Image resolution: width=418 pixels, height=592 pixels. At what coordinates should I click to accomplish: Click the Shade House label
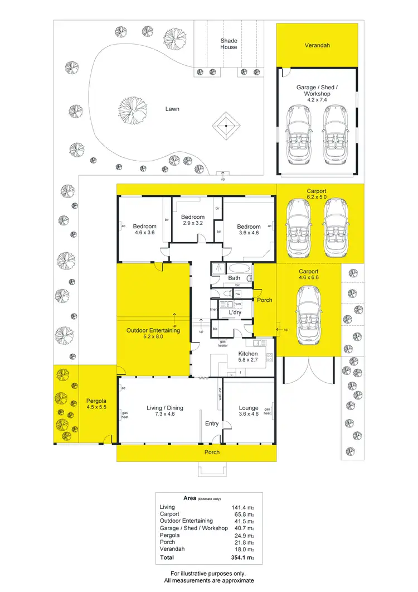coord(229,44)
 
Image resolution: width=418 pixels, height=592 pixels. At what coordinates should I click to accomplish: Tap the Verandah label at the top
coord(317,45)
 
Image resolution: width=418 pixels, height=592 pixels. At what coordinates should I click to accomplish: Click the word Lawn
coord(172,109)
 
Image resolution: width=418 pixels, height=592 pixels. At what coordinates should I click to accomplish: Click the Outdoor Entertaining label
coord(153,334)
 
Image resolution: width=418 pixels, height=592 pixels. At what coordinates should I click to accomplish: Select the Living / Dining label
coord(164,411)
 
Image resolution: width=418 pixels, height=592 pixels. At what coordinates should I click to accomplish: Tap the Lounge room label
coord(249,411)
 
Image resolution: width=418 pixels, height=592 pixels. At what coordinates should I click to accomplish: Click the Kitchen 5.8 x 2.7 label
coord(248,357)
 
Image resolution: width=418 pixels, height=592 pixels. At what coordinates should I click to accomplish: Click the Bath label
coord(234,278)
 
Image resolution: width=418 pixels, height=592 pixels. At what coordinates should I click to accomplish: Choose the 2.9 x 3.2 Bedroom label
coord(192,220)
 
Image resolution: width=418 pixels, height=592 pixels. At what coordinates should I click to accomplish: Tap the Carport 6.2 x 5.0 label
coord(317,194)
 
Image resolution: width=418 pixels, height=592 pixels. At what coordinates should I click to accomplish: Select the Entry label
coord(212,423)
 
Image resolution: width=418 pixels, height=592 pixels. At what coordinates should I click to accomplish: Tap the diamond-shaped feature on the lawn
coord(226,128)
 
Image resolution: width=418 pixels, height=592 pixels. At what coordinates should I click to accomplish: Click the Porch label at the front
coord(212,452)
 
